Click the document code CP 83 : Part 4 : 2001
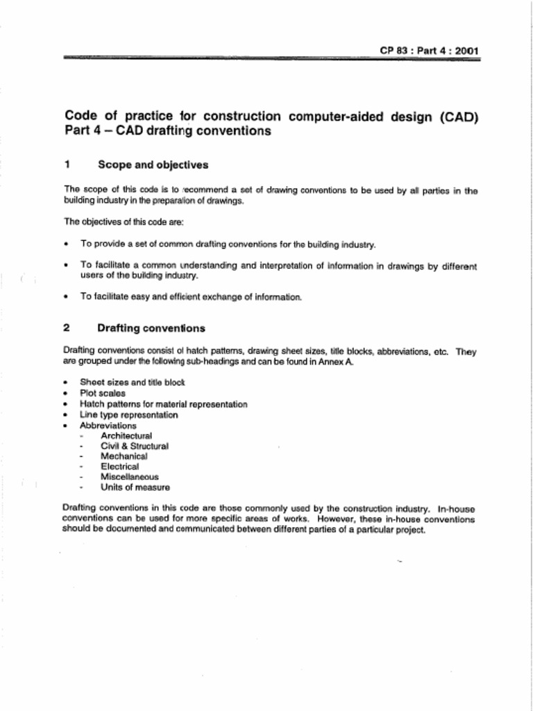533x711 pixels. pos(429,51)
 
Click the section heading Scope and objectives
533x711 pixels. pos(153,165)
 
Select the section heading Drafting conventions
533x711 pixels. pos(151,328)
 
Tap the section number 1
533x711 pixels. pos(67,165)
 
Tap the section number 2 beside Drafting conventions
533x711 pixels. pos(67,328)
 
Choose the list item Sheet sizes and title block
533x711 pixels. pos(132,383)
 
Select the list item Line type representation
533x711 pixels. pos(128,415)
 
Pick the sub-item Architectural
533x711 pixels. pos(126,436)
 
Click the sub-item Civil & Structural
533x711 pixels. pos(134,446)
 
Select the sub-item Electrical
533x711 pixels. pos(119,467)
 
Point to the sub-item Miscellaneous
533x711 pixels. pos(129,478)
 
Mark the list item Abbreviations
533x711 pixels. pos(108,426)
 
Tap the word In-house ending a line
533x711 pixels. pos(457,509)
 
